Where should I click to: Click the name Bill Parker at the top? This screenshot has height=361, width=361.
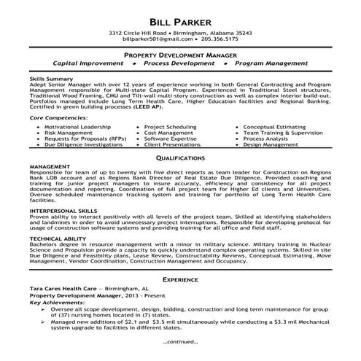[x=179, y=19]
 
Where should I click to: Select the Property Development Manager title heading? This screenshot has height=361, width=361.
[x=179, y=55]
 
